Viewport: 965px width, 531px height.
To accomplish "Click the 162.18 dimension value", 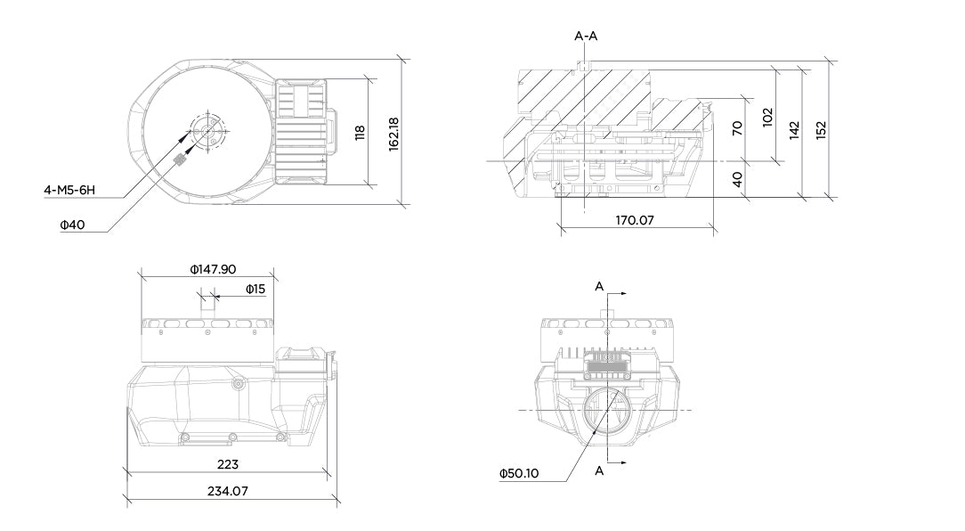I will pyautogui.click(x=393, y=132).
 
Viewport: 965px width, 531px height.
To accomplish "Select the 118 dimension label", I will pyautogui.click(x=360, y=132).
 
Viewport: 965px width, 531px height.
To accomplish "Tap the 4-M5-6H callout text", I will pyautogui.click(x=69, y=190).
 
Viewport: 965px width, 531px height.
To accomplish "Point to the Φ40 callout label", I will pyautogui.click(x=72, y=225).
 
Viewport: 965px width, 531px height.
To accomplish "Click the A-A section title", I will pyautogui.click(x=586, y=37).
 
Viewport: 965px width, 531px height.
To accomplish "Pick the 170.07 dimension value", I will pyautogui.click(x=634, y=219).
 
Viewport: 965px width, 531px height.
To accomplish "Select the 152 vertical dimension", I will pyautogui.click(x=821, y=128).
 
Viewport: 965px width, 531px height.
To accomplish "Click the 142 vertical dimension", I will pyautogui.click(x=794, y=129).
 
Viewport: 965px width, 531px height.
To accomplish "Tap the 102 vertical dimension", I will pyautogui.click(x=767, y=116).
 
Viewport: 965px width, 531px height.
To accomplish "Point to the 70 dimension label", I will pyautogui.click(x=736, y=128).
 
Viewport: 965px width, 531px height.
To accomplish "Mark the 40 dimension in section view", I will pyautogui.click(x=736, y=178).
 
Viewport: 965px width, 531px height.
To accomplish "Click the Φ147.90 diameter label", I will pyautogui.click(x=213, y=269).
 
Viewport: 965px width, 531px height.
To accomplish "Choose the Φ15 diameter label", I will pyautogui.click(x=255, y=289).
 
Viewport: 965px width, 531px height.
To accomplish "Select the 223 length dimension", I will pyautogui.click(x=228, y=464).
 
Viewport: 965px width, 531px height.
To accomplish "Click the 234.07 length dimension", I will pyautogui.click(x=228, y=491).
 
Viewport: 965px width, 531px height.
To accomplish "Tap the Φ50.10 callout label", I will pyautogui.click(x=519, y=473).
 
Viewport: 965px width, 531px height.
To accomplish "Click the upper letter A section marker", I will pyautogui.click(x=599, y=286).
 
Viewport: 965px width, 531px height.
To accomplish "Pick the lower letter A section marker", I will pyautogui.click(x=599, y=470).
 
